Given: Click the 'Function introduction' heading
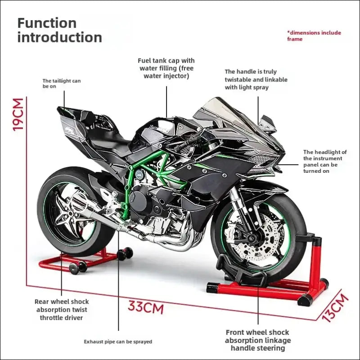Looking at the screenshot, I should pyautogui.click(x=59, y=30).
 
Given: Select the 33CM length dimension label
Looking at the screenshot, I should pyautogui.click(x=145, y=308).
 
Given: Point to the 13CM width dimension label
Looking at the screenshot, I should pyautogui.click(x=335, y=308).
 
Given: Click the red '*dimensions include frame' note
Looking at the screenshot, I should pyautogui.click(x=314, y=36).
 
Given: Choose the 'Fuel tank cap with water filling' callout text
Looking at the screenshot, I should pyautogui.click(x=166, y=68).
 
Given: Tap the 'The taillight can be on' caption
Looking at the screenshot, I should pyautogui.click(x=62, y=83).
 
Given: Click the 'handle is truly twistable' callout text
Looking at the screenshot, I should pyautogui.click(x=256, y=79).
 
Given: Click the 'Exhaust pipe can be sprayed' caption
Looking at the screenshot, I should pyautogui.click(x=118, y=342).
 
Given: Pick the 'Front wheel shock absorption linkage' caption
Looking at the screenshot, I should pyautogui.click(x=258, y=340).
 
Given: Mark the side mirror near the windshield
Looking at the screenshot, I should pyautogui.click(x=266, y=121).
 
